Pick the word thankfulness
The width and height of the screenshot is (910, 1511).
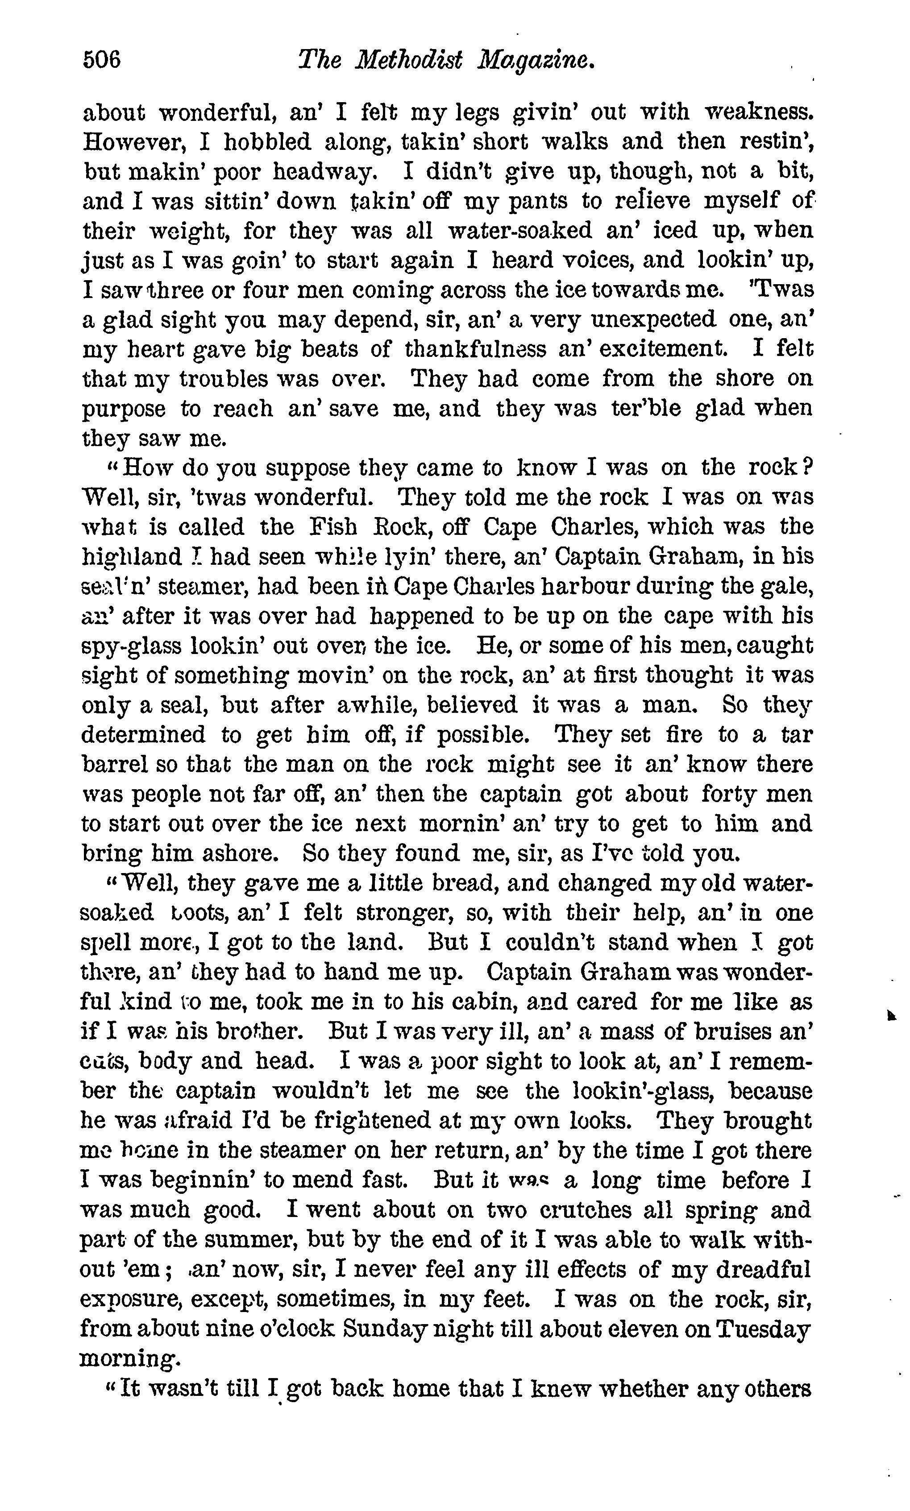click(475, 349)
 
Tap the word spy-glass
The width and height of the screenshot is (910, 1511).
click(133, 646)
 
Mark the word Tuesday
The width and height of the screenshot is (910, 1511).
click(764, 1329)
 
